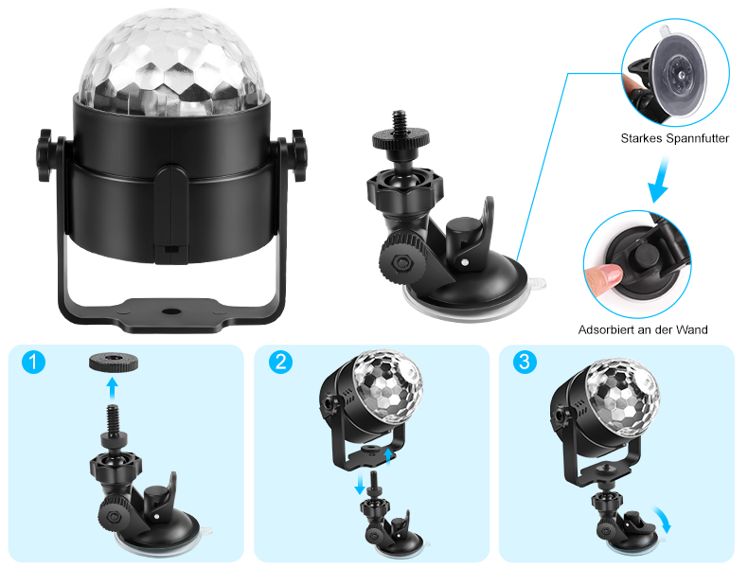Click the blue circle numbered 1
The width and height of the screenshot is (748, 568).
coord(33,362)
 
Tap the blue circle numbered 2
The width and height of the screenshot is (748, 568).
coord(280,362)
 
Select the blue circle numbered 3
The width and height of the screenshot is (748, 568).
coord(525,362)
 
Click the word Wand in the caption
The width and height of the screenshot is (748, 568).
coord(694,329)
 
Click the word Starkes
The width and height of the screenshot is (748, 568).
coord(641,138)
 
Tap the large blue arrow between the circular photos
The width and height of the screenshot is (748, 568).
coord(659,180)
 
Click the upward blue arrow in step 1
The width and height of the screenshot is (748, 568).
coord(112,388)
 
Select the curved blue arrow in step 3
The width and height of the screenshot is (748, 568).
coord(663,520)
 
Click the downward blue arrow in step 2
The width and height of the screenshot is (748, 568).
coord(360,484)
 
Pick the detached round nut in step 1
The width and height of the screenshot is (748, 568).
coord(114,363)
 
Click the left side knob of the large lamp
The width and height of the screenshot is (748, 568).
coord(45,155)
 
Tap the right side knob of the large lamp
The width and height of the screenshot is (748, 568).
coord(298,155)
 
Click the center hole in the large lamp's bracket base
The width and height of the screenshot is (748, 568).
coord(169,311)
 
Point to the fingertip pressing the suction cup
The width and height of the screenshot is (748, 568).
coord(603,276)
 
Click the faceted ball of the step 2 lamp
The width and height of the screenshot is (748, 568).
coord(388,386)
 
